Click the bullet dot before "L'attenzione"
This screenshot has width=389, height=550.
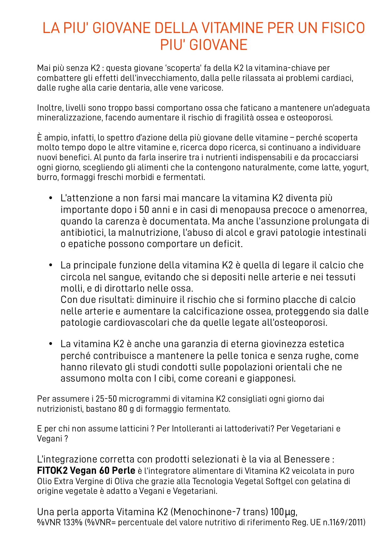coord(50,198)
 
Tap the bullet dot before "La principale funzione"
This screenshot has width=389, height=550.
coord(50,266)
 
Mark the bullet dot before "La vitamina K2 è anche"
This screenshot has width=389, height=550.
coord(50,344)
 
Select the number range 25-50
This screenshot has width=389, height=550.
coord(106,399)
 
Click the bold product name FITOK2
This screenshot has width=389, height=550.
coord(52,471)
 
